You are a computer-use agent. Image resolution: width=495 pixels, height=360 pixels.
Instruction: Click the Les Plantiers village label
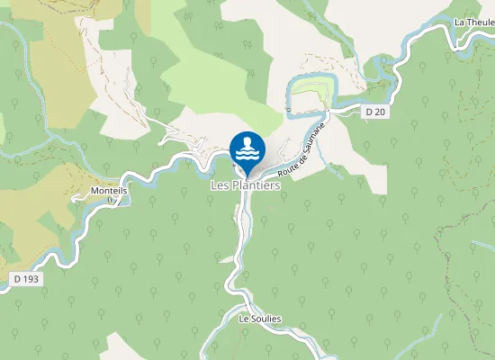(245, 185)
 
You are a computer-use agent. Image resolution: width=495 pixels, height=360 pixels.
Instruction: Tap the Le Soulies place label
(260, 319)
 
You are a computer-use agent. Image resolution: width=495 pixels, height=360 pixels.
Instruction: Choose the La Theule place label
(473, 22)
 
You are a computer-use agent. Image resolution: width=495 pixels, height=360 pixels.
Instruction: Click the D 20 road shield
(375, 112)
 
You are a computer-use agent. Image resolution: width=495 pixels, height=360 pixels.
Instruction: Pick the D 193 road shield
(27, 279)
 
